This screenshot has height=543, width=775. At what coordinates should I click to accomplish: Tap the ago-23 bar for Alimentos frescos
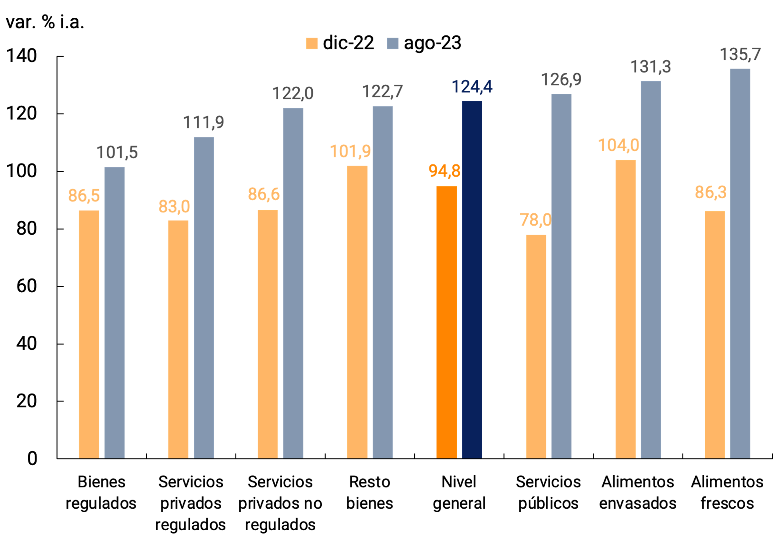pyautogui.click(x=740, y=263)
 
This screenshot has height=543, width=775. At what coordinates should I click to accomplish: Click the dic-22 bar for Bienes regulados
pyautogui.click(x=89, y=334)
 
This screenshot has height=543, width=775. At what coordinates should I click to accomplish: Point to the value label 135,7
pyautogui.click(x=740, y=55)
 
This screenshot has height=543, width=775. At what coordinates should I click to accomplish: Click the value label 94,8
pyautogui.click(x=444, y=171)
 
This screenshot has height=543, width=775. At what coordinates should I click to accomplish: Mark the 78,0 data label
pyautogui.click(x=535, y=220)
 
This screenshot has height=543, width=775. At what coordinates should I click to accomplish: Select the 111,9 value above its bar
pyautogui.click(x=204, y=122)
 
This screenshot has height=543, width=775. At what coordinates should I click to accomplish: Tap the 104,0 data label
pyautogui.click(x=618, y=145)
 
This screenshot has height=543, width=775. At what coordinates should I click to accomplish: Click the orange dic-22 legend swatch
pyautogui.click(x=311, y=43)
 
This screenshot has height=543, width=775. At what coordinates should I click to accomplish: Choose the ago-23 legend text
pyautogui.click(x=432, y=43)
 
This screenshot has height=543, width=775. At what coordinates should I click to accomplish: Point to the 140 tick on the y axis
pyautogui.click(x=22, y=56)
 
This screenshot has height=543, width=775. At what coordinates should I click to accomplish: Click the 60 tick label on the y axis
pyautogui.click(x=26, y=286)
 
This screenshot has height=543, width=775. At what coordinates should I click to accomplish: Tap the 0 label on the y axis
pyautogui.click(x=32, y=458)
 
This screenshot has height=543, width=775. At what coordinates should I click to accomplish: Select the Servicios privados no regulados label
pyautogui.click(x=280, y=503)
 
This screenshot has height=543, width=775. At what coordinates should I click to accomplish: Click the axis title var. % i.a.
pyautogui.click(x=45, y=22)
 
